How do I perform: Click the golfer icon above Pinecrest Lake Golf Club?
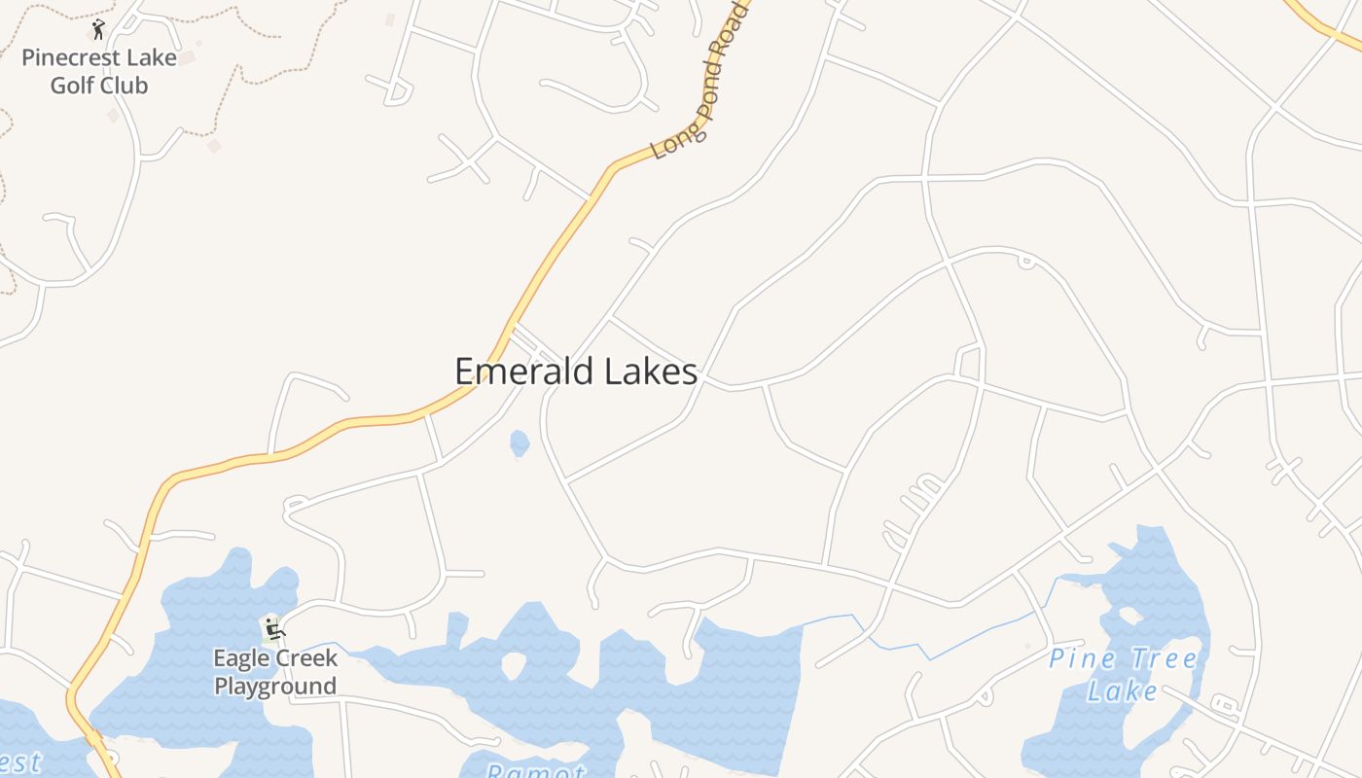click(x=98, y=29)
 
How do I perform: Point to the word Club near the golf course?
click(x=125, y=86)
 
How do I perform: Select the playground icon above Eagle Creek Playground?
click(x=273, y=627)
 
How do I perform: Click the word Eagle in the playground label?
click(x=238, y=658)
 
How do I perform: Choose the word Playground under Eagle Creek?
click(x=275, y=686)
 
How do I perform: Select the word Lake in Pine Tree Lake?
click(x=1123, y=691)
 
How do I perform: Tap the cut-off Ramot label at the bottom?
click(x=535, y=771)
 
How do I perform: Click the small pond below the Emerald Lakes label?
click(x=520, y=443)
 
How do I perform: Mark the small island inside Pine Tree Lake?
click(x=1129, y=616)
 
